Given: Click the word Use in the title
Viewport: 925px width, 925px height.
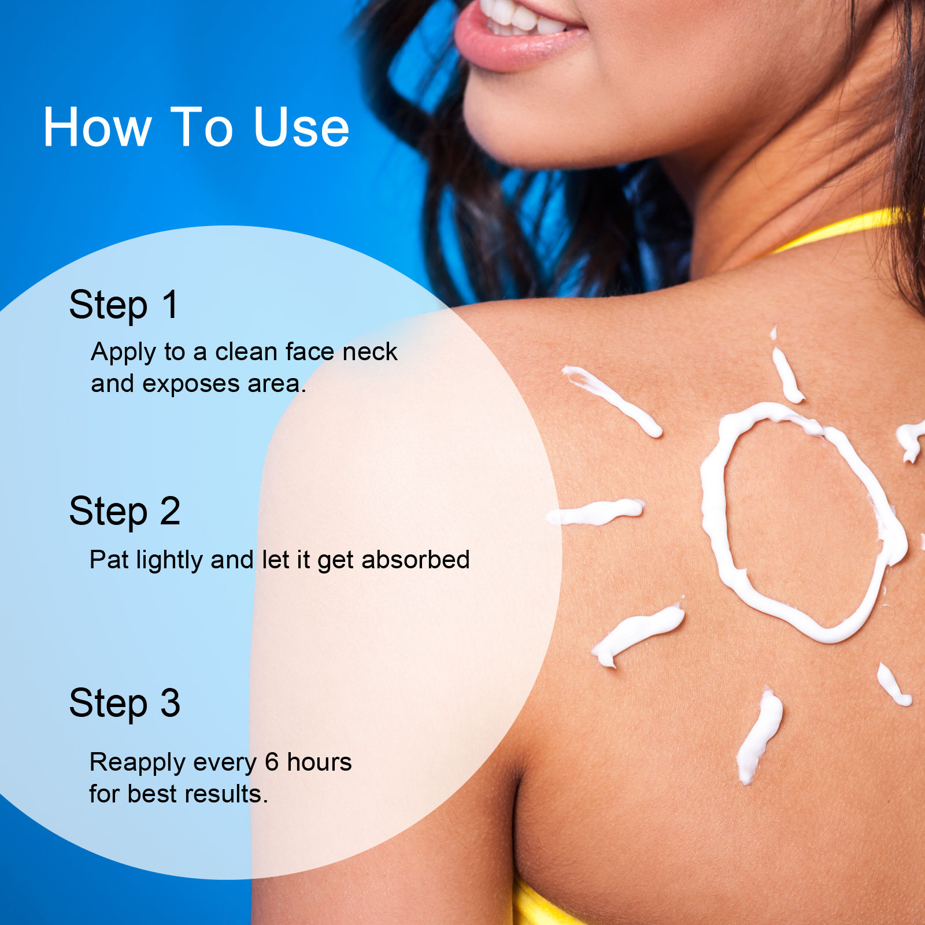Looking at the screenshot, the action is coord(301,127).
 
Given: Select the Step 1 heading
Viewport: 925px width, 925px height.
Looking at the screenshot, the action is coord(124,305).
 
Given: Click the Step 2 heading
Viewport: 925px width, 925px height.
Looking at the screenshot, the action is coord(125,511).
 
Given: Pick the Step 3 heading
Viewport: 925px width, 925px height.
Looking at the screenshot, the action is coord(125,704).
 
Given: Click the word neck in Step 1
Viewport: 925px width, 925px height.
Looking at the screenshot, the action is coord(370,351).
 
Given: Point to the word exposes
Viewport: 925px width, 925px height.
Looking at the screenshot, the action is coord(191,384).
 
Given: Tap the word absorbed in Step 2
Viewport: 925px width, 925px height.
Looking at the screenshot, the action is coord(415,560).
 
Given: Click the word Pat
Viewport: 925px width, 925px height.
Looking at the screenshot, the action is coord(109,560).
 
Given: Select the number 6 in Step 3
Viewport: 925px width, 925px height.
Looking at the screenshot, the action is coord(272,762).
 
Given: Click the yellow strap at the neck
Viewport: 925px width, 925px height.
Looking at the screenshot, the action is coord(838,230).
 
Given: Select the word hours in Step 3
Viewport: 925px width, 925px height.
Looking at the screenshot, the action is coord(319,762).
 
